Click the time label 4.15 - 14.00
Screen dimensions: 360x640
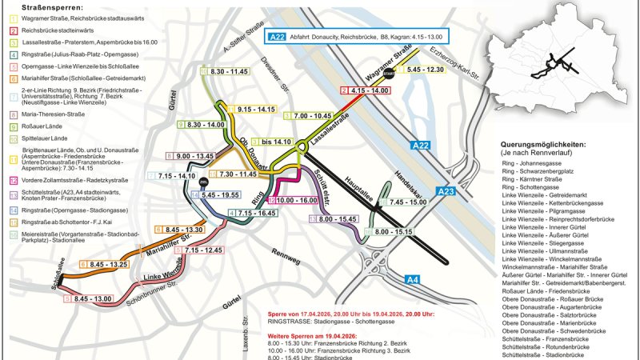[x=369, y=91]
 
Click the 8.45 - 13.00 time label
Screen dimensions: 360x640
[x=92, y=298]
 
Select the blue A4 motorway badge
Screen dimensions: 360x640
[x=413, y=279]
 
